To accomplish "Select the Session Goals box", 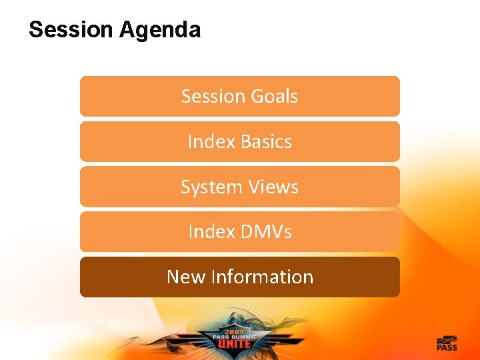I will coord(240,96).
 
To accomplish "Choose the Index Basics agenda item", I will coord(240,141).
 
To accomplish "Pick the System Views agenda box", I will coord(240,187).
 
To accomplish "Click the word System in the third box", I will coord(209,187).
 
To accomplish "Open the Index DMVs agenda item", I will coord(240,231).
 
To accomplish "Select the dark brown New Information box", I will coord(240,277).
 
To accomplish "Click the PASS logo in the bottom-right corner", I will coord(447,343).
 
